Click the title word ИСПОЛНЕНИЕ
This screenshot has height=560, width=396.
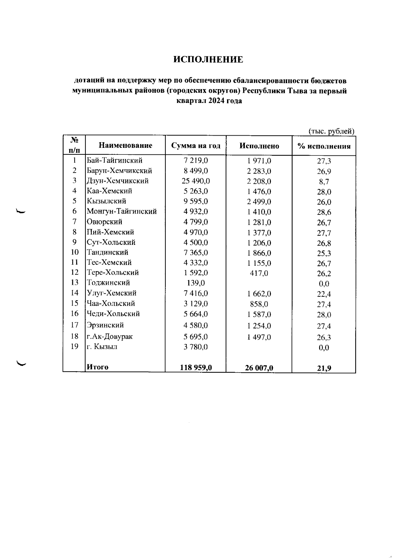coord(208,60)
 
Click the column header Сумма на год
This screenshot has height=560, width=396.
coord(196,146)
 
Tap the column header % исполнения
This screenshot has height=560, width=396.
coord(324,146)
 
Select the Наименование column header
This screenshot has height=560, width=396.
coord(125,146)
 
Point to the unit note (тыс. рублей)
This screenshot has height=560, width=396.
coord(331,131)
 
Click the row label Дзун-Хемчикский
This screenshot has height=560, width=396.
coord(118,181)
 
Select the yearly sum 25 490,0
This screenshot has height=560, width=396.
coord(196,181)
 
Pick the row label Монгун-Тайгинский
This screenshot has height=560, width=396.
coord(122,211)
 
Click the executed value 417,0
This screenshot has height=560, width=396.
coord(259,273)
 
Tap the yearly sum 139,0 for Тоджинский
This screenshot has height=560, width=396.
coord(196,283)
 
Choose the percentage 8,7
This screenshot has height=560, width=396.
coord(324,182)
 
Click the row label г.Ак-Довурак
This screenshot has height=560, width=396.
coord(110,337)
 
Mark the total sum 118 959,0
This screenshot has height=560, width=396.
coord(196,368)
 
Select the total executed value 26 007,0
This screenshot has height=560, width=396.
coord(259,368)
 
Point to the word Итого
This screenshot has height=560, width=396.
coord(97,367)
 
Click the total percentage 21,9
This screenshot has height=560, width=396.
coord(324,368)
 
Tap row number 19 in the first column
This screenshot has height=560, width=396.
coord(75,346)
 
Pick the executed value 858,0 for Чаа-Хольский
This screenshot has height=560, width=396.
coord(259,304)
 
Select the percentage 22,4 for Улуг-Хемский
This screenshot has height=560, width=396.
coord(324,294)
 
